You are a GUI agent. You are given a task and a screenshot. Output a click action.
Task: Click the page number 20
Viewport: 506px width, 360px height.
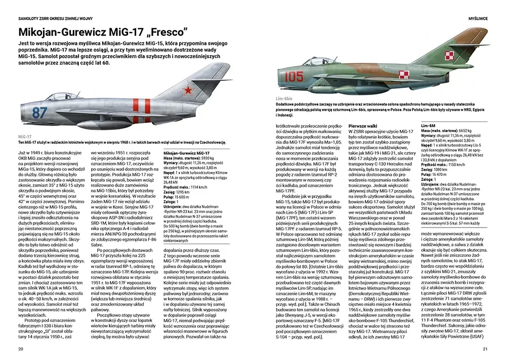[20, 348]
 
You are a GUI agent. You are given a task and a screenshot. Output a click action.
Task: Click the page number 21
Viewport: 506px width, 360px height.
[485, 348]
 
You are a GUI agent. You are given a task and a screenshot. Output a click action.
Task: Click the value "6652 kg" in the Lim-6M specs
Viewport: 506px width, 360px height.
[465, 130]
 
